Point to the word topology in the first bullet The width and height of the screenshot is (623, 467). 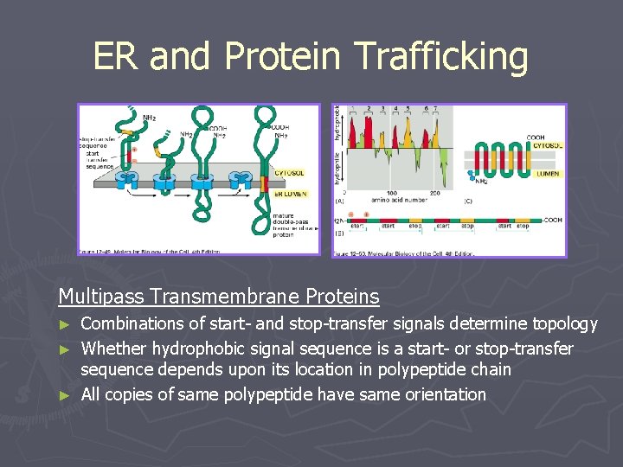click(560, 324)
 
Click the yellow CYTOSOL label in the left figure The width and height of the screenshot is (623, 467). click(289, 173)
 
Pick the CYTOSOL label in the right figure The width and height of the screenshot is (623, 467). click(546, 146)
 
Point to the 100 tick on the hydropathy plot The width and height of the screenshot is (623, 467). click(391, 193)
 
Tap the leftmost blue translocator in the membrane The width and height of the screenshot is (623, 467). click(127, 180)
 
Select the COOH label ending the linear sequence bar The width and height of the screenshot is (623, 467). click(553, 220)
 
